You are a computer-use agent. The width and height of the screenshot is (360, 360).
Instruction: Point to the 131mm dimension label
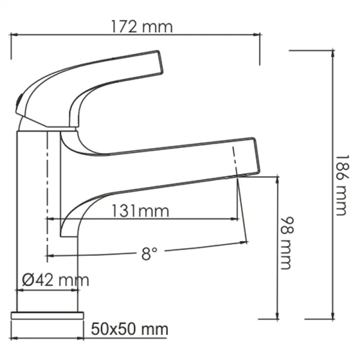coord(141,211)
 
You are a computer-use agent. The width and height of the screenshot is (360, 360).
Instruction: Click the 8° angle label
coord(149,254)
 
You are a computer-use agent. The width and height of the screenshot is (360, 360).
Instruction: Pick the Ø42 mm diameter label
coord(55,280)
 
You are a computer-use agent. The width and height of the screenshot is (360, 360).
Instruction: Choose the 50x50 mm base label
coord(130,329)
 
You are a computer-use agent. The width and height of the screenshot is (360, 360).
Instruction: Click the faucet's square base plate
coord(49,316)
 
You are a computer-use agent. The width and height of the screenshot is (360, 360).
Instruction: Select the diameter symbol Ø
coord(27,280)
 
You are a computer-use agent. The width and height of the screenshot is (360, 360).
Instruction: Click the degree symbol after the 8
coord(155,250)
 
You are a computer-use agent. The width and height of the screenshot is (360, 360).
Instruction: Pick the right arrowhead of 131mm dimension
coord(237,220)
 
